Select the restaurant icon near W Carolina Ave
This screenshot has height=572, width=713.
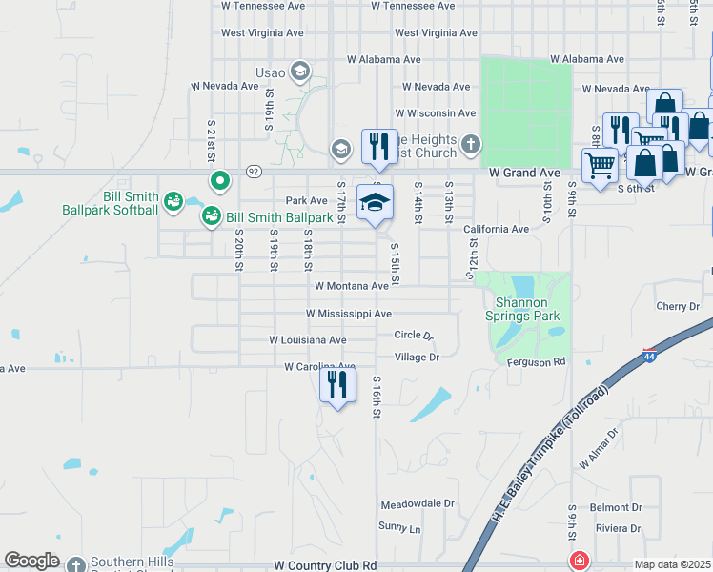click(x=337, y=385)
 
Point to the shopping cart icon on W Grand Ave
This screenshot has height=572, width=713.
click(x=601, y=166)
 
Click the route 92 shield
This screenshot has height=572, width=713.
click(x=253, y=172)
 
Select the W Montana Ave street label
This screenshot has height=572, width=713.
click(x=352, y=286)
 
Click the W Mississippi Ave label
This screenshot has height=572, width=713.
click(x=348, y=314)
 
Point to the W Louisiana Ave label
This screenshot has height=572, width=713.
click(x=307, y=340)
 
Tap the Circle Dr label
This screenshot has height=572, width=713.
click(x=414, y=336)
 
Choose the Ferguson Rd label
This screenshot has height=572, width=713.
click(x=540, y=362)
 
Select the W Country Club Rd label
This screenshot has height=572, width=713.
click(x=325, y=565)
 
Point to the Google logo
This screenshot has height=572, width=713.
click(x=31, y=562)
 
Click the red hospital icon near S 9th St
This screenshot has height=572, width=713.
click(x=578, y=561)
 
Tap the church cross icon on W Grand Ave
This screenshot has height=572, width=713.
click(x=469, y=145)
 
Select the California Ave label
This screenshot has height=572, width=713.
click(x=496, y=230)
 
